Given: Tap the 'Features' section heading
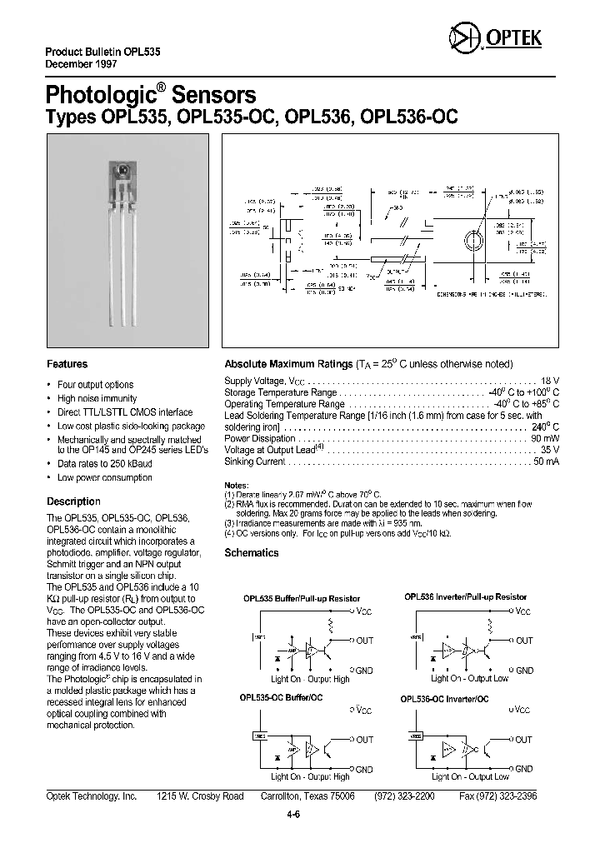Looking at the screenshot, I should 67,364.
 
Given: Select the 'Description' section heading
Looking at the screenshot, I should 73,501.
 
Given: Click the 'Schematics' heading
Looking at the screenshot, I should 252,552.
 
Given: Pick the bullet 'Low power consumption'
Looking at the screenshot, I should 104,477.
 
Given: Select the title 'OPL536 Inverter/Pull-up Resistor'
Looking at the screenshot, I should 465,596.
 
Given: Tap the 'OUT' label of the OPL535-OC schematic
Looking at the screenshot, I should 364,739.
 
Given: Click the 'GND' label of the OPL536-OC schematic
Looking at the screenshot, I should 522,768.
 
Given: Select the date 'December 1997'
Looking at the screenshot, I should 82,64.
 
